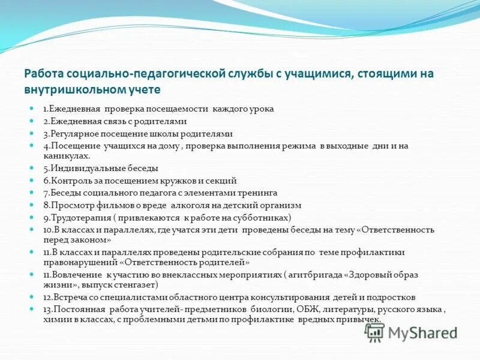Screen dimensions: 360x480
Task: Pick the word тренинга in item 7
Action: (260, 193)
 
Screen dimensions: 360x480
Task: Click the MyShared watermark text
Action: (422, 334)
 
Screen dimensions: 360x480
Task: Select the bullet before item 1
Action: (33, 109)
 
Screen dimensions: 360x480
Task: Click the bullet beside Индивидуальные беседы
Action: (33, 167)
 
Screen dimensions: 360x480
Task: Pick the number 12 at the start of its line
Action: (47, 297)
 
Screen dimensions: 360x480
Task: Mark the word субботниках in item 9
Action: (265, 217)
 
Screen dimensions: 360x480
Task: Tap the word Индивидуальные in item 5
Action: (83, 167)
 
